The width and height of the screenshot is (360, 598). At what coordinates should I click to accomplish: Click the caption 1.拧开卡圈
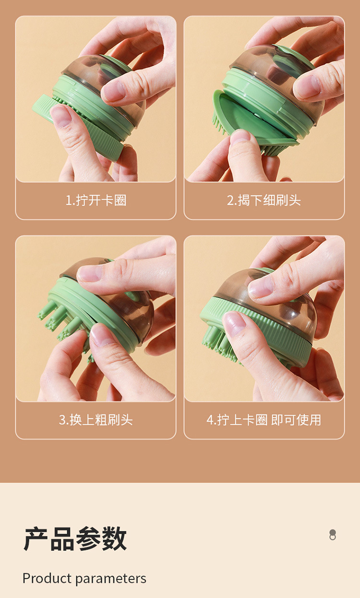pyautogui.click(x=96, y=200)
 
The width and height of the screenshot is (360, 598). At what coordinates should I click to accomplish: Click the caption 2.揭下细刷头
pyautogui.click(x=264, y=200)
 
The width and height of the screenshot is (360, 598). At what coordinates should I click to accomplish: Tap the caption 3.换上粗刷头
pyautogui.click(x=96, y=420)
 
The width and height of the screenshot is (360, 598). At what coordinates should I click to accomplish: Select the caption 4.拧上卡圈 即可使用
pyautogui.click(x=264, y=420)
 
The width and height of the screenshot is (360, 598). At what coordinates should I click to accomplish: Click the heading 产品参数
pyautogui.click(x=75, y=538)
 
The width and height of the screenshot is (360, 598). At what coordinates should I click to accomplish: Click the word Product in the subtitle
pyautogui.click(x=47, y=578)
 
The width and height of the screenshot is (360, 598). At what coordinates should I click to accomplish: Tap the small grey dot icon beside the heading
pyautogui.click(x=333, y=535)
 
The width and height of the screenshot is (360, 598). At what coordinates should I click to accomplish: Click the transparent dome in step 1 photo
pyautogui.click(x=91, y=72)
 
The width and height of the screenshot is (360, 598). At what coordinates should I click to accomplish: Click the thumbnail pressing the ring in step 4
pyautogui.click(x=235, y=324)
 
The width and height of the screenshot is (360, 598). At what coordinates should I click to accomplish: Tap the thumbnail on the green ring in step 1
pyautogui.click(x=60, y=115)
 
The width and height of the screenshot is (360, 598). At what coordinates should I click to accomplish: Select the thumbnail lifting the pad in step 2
pyautogui.click(x=240, y=137)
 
